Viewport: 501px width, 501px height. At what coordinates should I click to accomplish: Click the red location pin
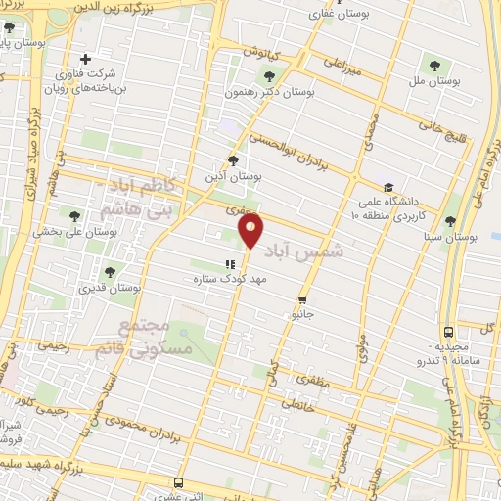click(x=251, y=231)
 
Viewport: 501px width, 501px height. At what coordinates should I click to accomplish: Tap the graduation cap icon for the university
click(x=388, y=187)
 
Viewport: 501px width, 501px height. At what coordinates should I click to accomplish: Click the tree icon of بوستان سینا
click(x=450, y=222)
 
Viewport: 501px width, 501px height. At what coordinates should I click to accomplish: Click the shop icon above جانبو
click(x=301, y=300)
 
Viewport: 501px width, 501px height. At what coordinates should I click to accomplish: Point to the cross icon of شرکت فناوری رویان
click(x=86, y=59)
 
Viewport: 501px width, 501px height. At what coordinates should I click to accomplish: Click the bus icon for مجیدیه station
click(x=448, y=332)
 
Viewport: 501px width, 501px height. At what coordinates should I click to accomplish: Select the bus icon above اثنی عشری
click(x=177, y=482)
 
